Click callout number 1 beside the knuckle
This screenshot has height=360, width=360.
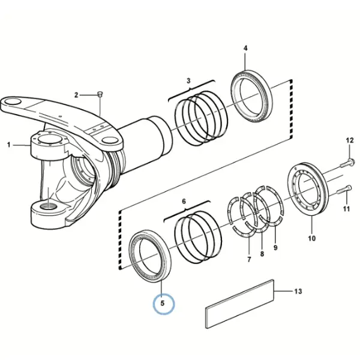pyautogui.click(x=9, y=145)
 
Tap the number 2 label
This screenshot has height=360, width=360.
pyautogui.click(x=76, y=95)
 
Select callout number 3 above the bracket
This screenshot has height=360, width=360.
pyautogui.click(x=188, y=80)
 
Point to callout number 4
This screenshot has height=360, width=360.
pyautogui.click(x=245, y=48)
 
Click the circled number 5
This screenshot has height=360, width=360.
pyautogui.click(x=163, y=303)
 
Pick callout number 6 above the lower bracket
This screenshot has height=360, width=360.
pyautogui.click(x=184, y=202)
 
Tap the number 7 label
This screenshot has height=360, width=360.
pyautogui.click(x=249, y=260)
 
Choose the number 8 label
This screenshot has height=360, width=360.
pyautogui.click(x=262, y=254)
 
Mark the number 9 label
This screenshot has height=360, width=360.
pyautogui.click(x=275, y=247)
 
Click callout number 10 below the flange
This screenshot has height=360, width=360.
pyautogui.click(x=312, y=238)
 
